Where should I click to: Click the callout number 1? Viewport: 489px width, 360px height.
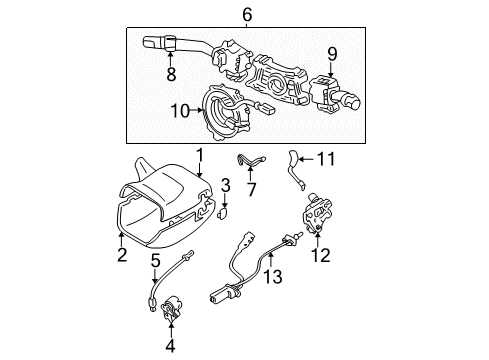[199, 155]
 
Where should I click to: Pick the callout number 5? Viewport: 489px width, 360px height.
[155, 262]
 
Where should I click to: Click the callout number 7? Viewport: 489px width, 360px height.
[252, 187]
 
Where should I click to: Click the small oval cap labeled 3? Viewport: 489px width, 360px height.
[223, 213]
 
